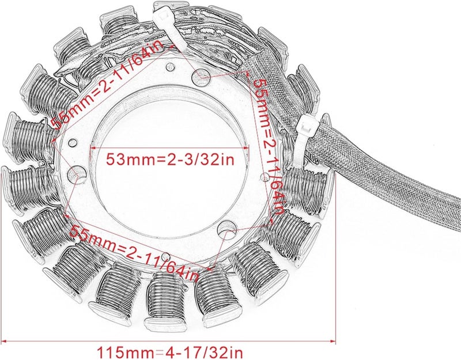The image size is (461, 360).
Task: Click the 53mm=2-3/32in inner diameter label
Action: [170, 160]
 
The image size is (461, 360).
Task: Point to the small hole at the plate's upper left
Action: [72, 143]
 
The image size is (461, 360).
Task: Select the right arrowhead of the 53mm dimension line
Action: [248, 147]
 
